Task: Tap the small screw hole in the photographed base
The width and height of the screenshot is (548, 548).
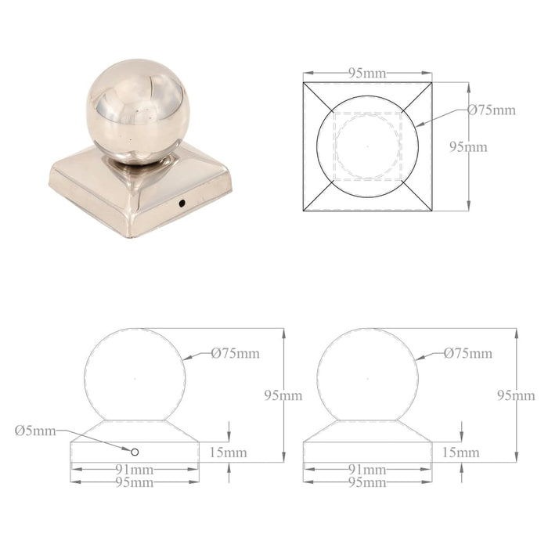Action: click(x=181, y=204)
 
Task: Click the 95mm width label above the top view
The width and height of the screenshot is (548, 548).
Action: click(x=367, y=74)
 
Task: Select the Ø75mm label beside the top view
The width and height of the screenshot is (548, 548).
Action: click(x=492, y=110)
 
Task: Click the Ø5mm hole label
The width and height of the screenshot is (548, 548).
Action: click(x=35, y=430)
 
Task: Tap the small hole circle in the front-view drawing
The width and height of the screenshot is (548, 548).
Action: click(x=135, y=452)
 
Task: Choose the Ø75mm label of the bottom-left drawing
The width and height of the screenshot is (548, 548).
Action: click(x=235, y=353)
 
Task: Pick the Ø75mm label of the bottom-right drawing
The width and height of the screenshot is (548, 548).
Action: click(x=468, y=353)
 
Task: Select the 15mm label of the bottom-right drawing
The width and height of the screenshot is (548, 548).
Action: click(x=461, y=452)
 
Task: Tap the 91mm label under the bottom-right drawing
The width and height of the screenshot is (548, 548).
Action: click(x=367, y=470)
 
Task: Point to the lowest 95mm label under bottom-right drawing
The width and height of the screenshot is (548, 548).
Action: click(x=367, y=482)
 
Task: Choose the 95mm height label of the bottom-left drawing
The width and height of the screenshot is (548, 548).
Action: click(x=283, y=395)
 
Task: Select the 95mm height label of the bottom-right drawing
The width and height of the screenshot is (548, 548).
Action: click(x=516, y=395)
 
